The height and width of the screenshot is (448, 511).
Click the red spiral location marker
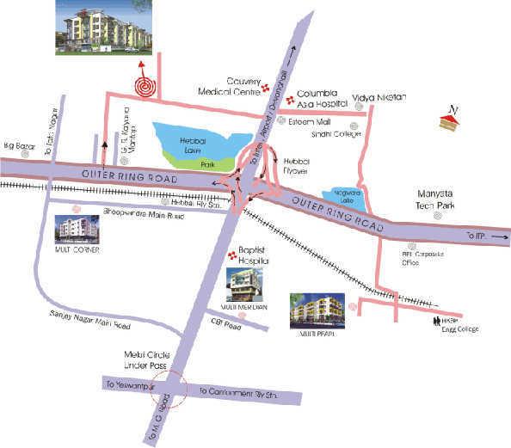click(x=145, y=87)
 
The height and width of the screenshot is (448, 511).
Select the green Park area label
click(x=206, y=162)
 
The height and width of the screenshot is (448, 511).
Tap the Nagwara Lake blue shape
click(x=342, y=200)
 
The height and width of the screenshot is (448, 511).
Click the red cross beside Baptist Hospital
click(x=231, y=250)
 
